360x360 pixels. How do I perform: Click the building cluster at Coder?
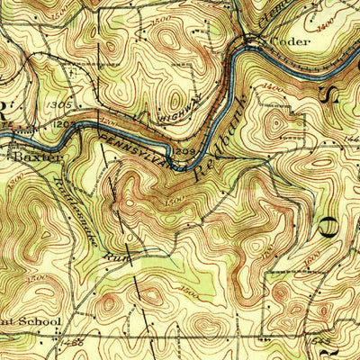coord(254,41)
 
